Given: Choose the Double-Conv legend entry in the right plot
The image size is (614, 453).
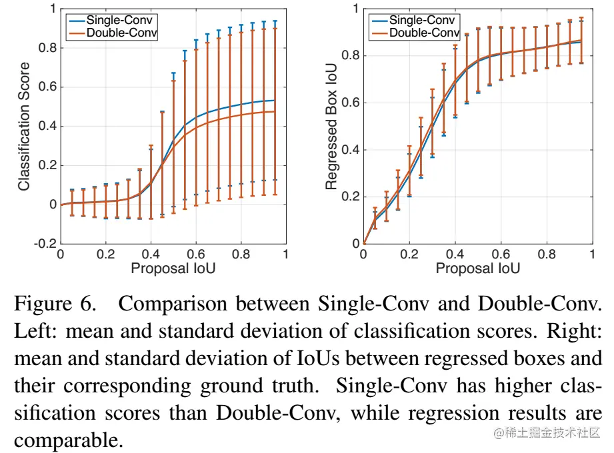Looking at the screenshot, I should [425, 32].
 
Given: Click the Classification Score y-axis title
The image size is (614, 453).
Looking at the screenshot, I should [24, 127].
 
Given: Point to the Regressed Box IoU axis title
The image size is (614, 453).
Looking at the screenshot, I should [331, 127].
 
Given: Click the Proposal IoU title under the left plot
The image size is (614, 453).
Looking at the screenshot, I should [173, 268].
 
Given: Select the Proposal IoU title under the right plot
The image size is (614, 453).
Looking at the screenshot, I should [477, 268].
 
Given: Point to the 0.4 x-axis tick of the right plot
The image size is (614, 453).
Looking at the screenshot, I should [455, 254].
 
